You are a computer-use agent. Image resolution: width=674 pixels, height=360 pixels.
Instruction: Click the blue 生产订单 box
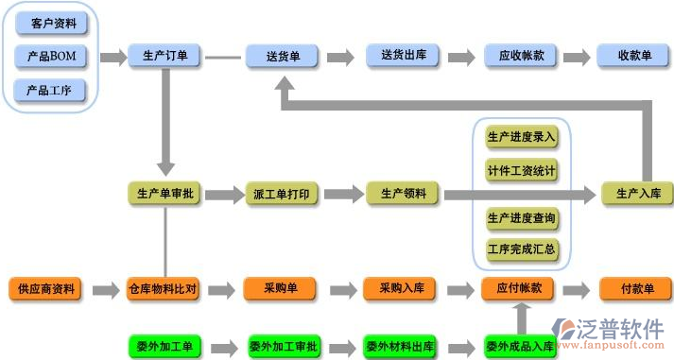click(164, 57)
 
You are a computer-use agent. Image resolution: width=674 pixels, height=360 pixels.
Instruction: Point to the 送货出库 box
click(403, 57)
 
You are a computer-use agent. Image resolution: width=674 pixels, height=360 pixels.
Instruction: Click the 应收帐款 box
click(521, 57)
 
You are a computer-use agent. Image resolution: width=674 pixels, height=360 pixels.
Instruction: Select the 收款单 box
click(634, 57)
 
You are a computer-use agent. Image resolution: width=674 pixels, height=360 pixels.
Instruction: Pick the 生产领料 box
click(403, 194)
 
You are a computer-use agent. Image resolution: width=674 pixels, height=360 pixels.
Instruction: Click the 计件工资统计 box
click(521, 171)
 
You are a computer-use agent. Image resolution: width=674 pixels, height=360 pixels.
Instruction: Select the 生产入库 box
click(637, 194)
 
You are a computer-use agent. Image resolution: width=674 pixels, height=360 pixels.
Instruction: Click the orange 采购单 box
click(281, 288)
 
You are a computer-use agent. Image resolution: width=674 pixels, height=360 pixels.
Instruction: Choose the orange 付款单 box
click(636, 288)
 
